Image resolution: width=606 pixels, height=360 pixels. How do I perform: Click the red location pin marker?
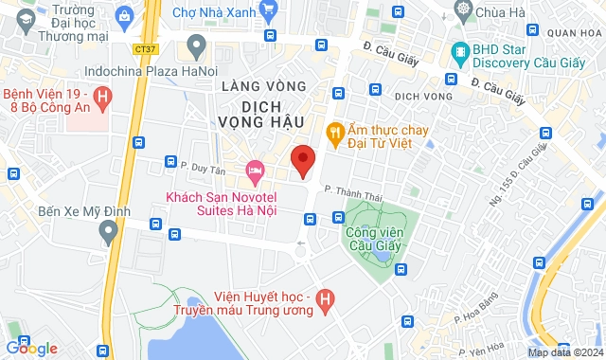click(302, 160)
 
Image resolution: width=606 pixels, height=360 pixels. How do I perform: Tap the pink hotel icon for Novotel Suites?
click(254, 172)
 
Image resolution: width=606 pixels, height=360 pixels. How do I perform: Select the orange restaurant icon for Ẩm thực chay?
click(334, 131)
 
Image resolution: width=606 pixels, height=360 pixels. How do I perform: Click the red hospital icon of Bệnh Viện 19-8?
click(103, 96)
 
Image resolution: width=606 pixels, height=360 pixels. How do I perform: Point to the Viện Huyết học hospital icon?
click(325, 301)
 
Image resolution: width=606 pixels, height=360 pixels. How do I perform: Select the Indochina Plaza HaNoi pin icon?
click(196, 44)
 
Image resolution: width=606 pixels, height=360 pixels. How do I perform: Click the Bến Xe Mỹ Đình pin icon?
click(111, 231)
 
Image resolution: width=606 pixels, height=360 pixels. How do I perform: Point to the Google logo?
click(31, 349)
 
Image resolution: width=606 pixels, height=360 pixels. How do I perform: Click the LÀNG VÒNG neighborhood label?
click(263, 86)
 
